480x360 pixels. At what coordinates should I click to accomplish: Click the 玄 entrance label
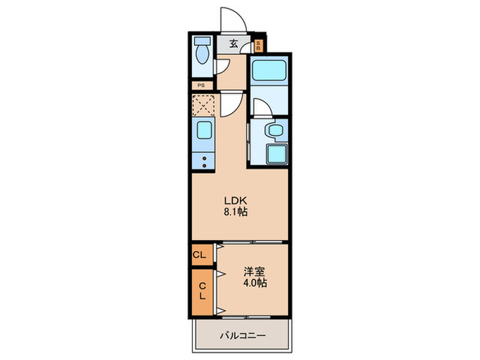point(234,45)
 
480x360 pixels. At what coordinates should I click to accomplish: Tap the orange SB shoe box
point(259,46)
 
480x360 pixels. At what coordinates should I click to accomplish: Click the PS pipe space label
point(202,86)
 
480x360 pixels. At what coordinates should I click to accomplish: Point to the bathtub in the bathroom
point(268,71)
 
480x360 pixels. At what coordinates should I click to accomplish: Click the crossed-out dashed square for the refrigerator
point(204,105)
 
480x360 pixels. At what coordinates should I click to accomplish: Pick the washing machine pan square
point(273,155)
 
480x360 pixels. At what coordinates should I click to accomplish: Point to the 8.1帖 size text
point(234,213)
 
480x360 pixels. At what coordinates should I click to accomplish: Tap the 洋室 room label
point(253,271)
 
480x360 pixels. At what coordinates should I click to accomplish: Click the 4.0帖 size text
point(253,283)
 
